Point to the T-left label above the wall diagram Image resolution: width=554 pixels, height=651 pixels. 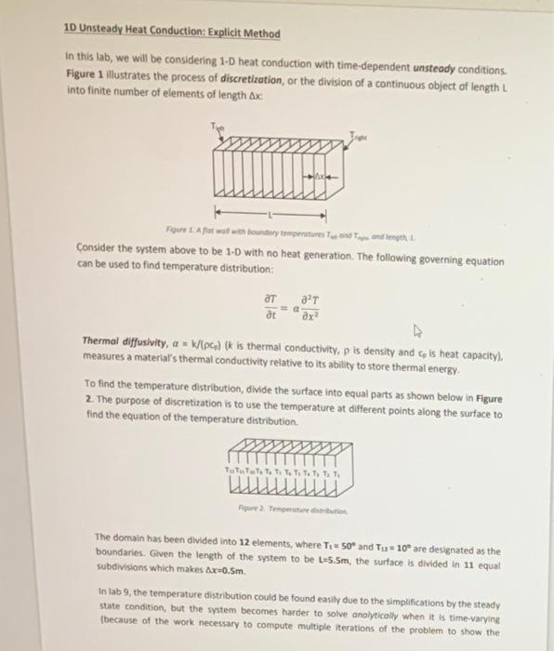point(218,128)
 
